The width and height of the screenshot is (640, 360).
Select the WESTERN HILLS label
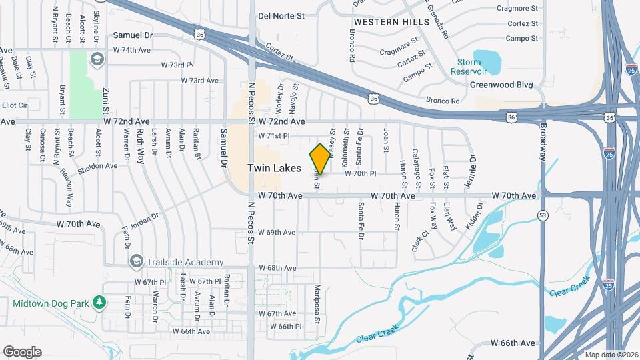pyautogui.click(x=382, y=22)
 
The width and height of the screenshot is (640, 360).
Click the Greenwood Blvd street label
pyautogui.click(x=502, y=85)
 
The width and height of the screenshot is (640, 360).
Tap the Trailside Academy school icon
pyautogui.click(x=137, y=260)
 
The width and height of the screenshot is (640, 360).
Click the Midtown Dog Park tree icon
pyautogui.click(x=100, y=303)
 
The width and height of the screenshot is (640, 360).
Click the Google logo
pyautogui.click(x=22, y=352)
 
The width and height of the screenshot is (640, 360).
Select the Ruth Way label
pyautogui.click(x=140, y=146)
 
